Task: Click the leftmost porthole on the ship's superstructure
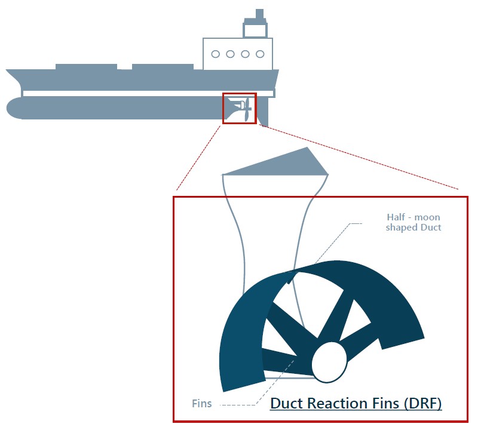215,54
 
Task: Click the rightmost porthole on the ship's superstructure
260,54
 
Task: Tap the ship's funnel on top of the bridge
255,24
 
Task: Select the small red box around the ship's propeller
240,108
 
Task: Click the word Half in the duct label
396,217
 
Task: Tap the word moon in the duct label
427,217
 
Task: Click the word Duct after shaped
431,227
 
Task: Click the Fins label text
202,404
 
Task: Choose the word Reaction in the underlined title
338,404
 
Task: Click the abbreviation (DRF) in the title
422,404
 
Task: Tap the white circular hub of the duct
329,363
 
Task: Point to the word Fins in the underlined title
386,404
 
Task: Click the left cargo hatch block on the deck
86,67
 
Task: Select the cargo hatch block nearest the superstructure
163,67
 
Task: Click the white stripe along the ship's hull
148,93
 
